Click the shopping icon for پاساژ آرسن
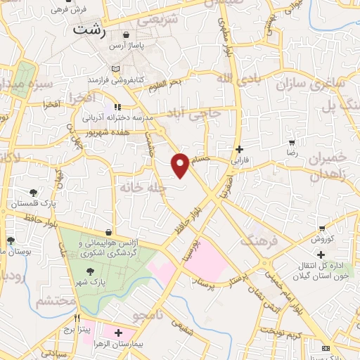pos(127,34)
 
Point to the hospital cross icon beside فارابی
pos(240,149)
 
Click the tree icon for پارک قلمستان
pos(33,192)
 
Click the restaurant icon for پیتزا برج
pos(77,317)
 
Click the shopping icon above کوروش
pos(321,229)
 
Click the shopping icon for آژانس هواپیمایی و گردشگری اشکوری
pos(108,231)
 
